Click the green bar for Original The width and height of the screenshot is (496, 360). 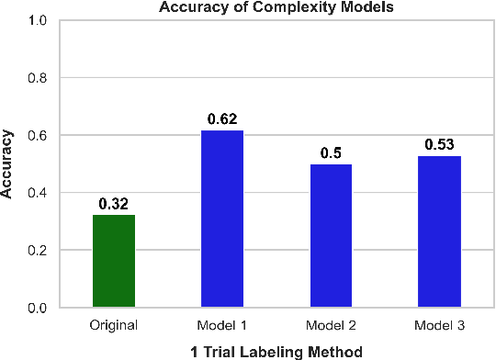(x=114, y=261)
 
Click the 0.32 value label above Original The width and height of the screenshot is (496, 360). (x=114, y=204)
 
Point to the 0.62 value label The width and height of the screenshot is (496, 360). (x=221, y=118)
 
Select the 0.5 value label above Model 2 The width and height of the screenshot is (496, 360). (x=331, y=152)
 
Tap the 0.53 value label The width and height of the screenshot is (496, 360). (x=439, y=144)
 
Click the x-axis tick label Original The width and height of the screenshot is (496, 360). (x=114, y=325)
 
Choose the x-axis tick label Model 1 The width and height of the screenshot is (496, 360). (x=221, y=325)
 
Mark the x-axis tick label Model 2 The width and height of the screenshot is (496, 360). (x=331, y=325)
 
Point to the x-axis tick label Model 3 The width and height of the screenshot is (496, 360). (x=439, y=325)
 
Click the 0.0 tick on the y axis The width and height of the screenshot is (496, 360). (x=39, y=308)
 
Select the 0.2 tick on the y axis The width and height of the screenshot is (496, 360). (x=39, y=250)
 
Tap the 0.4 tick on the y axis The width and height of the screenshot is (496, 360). (x=39, y=193)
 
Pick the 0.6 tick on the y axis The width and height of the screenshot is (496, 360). (x=39, y=135)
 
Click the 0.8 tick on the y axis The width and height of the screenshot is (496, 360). (x=39, y=78)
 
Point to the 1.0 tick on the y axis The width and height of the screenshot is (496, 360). (x=39, y=20)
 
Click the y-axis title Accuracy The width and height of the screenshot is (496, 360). (x=8, y=163)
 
